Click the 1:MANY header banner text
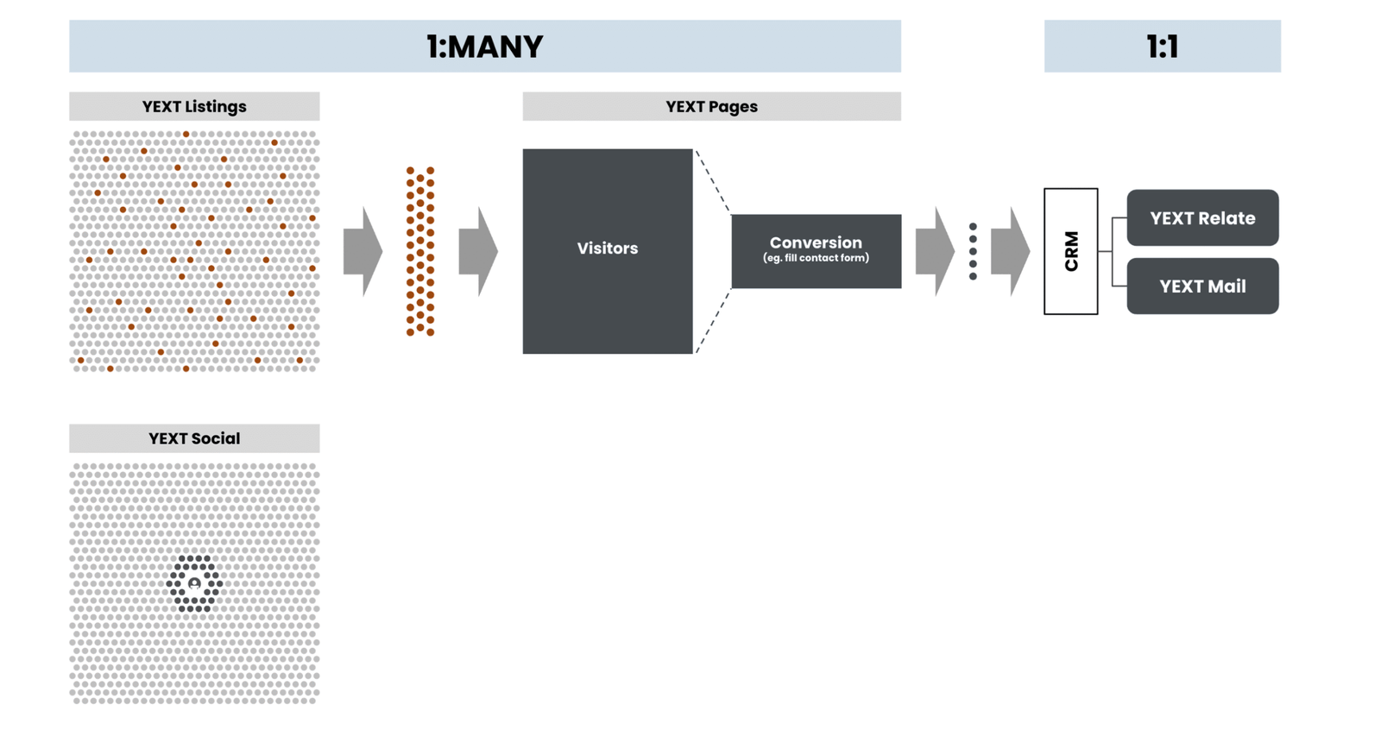484,47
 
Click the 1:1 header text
1162,47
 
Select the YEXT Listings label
194,106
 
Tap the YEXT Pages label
711,106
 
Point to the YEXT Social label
194,438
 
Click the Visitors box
608,250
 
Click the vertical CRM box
1070,251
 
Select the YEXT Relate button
1202,218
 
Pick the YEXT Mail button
1202,286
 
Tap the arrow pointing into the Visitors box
477,251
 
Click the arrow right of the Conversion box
934,251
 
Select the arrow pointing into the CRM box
1010,251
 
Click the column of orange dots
420,251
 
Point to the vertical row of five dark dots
973,251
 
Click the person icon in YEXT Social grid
194,584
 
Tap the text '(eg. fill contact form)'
816,258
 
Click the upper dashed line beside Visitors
713,181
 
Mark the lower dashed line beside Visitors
713,321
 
